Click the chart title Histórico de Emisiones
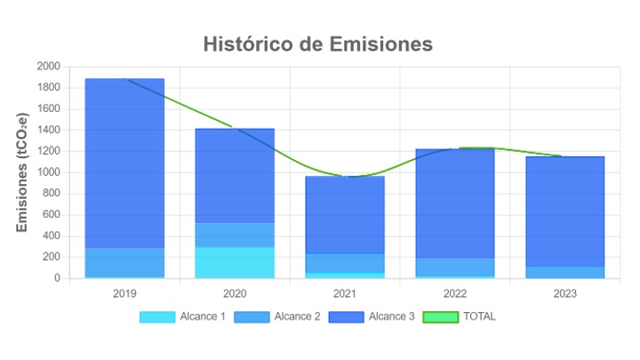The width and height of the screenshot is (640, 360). pos(317,44)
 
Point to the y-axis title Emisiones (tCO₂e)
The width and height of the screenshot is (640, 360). pos(23,172)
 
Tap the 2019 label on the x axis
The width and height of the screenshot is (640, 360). pos(124,293)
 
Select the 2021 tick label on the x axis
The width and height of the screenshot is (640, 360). pos(345,293)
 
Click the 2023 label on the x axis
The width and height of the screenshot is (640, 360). pos(564,293)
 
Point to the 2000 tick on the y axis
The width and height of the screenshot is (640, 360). pos(49,67)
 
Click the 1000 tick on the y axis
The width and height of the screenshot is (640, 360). pos(49,172)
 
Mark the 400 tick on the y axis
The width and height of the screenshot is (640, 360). pos(52,236)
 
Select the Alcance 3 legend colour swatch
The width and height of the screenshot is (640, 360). pos(346,316)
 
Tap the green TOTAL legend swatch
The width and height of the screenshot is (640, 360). pos(440,316)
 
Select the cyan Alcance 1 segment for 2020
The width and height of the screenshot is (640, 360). pos(235,262)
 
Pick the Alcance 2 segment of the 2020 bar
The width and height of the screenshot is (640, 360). pos(235,235)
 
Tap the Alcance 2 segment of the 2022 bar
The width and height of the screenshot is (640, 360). pos(454,267)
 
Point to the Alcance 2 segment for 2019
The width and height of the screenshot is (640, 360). pos(124,262)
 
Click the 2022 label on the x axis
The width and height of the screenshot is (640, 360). pos(454,293)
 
